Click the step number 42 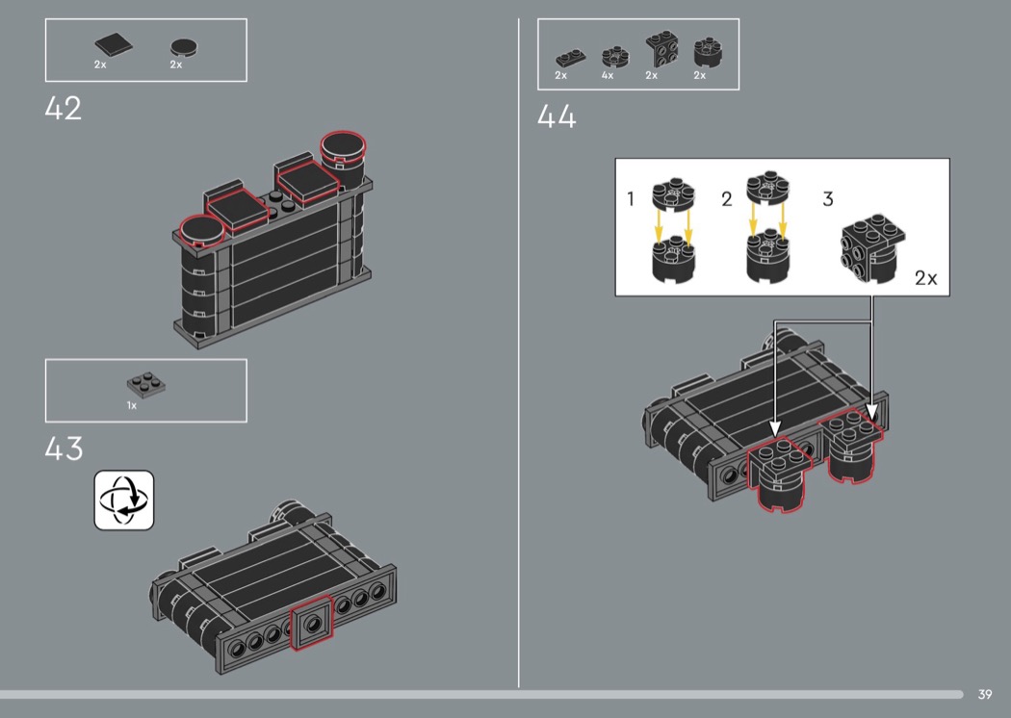pyautogui.click(x=64, y=109)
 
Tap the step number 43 pyautogui.click(x=64, y=449)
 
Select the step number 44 pyautogui.click(x=557, y=116)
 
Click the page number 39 pyautogui.click(x=985, y=694)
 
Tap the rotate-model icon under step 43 pyautogui.click(x=124, y=500)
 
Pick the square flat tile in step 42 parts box pyautogui.click(x=114, y=44)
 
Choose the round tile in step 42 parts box pyautogui.click(x=184, y=47)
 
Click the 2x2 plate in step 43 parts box pyautogui.click(x=145, y=385)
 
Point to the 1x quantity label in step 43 pyautogui.click(x=132, y=405)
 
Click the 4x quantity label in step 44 pyautogui.click(x=608, y=75)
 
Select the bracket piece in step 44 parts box pyautogui.click(x=661, y=50)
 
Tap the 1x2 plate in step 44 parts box pyautogui.click(x=571, y=59)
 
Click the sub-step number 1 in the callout pyautogui.click(x=631, y=198)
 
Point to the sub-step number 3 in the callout pyautogui.click(x=828, y=198)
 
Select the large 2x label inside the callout pyautogui.click(x=926, y=278)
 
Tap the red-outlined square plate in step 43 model pyautogui.click(x=312, y=624)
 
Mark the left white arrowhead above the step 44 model pyautogui.click(x=775, y=428)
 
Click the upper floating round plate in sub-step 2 pyautogui.click(x=768, y=189)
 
